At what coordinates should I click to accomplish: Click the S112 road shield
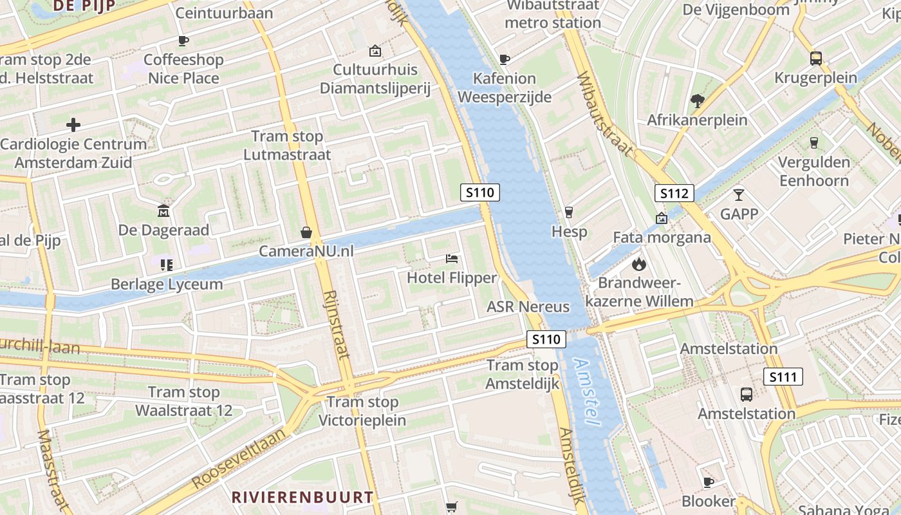click(x=674, y=192)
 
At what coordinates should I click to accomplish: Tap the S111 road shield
click(x=783, y=377)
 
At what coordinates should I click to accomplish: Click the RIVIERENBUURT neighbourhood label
click(x=302, y=497)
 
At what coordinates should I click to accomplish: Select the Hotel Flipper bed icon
click(x=452, y=259)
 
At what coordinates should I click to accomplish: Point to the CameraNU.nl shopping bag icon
click(x=306, y=232)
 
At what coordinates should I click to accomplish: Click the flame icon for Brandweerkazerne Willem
click(x=638, y=263)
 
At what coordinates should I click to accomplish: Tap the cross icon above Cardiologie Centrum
click(x=73, y=124)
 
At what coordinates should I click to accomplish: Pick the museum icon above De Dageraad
click(x=163, y=211)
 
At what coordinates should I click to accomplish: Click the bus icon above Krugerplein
click(x=815, y=58)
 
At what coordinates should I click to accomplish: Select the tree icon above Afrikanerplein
click(x=697, y=100)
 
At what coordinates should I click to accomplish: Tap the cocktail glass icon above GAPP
click(x=738, y=194)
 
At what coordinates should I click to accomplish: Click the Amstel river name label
click(x=586, y=392)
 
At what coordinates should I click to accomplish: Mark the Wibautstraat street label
click(x=606, y=114)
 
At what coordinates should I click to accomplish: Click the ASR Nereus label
click(x=528, y=306)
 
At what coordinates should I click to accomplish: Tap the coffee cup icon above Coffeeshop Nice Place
click(x=183, y=41)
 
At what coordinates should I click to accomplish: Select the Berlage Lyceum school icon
click(x=167, y=265)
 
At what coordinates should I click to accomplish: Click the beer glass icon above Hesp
click(x=568, y=212)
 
